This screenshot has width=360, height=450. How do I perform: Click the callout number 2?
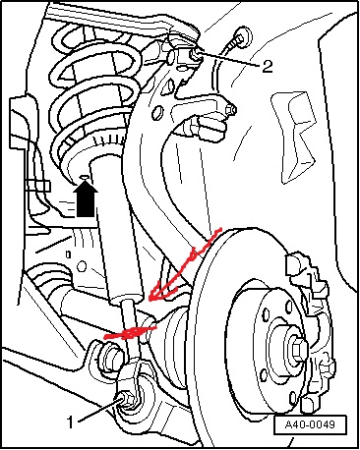pos(268,66)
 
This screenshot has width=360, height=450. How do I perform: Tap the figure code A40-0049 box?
pos(310,424)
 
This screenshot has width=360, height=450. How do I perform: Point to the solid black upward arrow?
pos(86,199)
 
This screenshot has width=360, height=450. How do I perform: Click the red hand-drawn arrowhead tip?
pos(150,300)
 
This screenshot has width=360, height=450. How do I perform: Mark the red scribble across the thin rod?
pos(130,332)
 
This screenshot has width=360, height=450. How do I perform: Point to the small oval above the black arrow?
pos(85,177)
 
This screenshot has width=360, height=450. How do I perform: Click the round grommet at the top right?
pos(243,35)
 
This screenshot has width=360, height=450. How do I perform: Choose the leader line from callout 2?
pos(229,59)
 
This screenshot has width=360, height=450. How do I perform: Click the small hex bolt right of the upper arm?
pos(231,110)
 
